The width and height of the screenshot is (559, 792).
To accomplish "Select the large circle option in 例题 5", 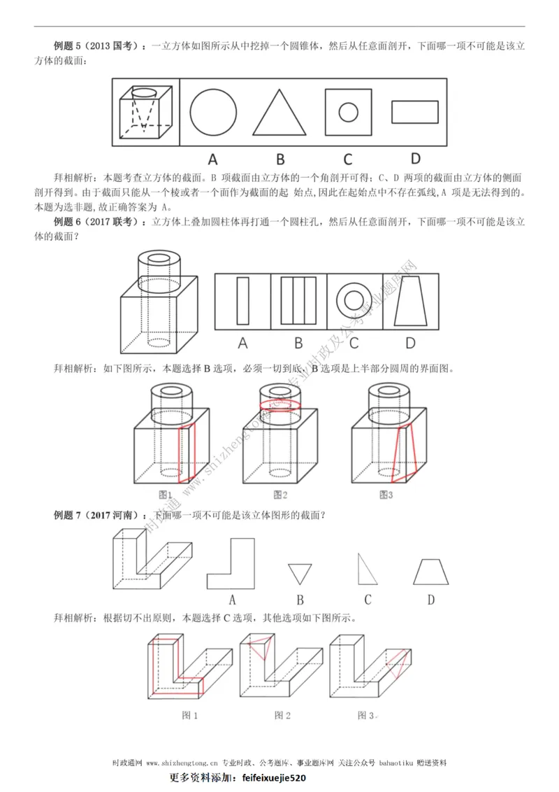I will (x=212, y=111).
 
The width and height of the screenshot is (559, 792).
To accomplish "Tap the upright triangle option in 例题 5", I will (x=279, y=113).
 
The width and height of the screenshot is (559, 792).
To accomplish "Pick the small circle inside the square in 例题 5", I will (x=347, y=111).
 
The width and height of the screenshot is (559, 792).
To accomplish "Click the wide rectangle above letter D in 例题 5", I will (x=415, y=111).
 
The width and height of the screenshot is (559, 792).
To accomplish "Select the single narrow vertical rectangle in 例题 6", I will (x=242, y=301).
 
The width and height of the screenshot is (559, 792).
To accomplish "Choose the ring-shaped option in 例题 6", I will (x=354, y=301).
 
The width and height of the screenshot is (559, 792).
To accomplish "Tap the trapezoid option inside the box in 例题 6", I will (x=409, y=301).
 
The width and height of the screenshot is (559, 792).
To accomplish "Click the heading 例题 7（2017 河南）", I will (x=97, y=516).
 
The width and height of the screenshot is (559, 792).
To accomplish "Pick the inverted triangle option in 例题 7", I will (x=300, y=574).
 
